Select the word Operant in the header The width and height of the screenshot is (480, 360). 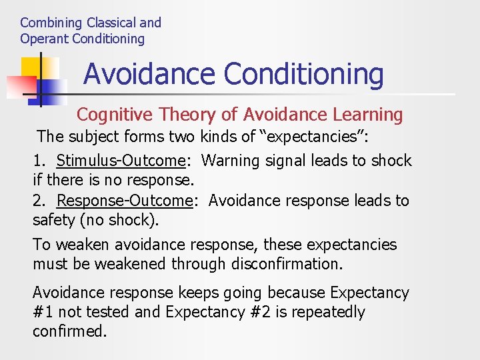click(x=44, y=39)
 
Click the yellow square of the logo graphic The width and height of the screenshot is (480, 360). click(x=31, y=67)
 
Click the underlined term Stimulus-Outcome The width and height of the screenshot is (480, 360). click(x=120, y=161)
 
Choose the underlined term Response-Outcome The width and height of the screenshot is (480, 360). click(x=125, y=201)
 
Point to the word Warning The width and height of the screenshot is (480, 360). click(x=231, y=161)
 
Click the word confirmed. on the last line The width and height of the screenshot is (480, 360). click(x=69, y=331)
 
